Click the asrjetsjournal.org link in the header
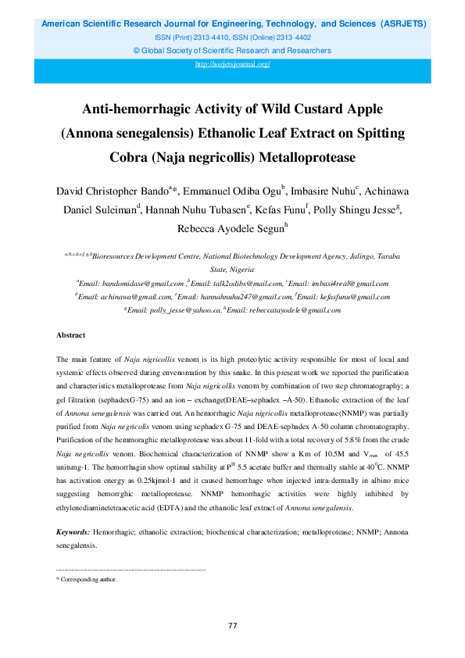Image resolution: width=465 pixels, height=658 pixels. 232,63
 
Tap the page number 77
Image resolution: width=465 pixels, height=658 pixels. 232,626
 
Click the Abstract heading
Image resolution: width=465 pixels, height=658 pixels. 70,335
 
